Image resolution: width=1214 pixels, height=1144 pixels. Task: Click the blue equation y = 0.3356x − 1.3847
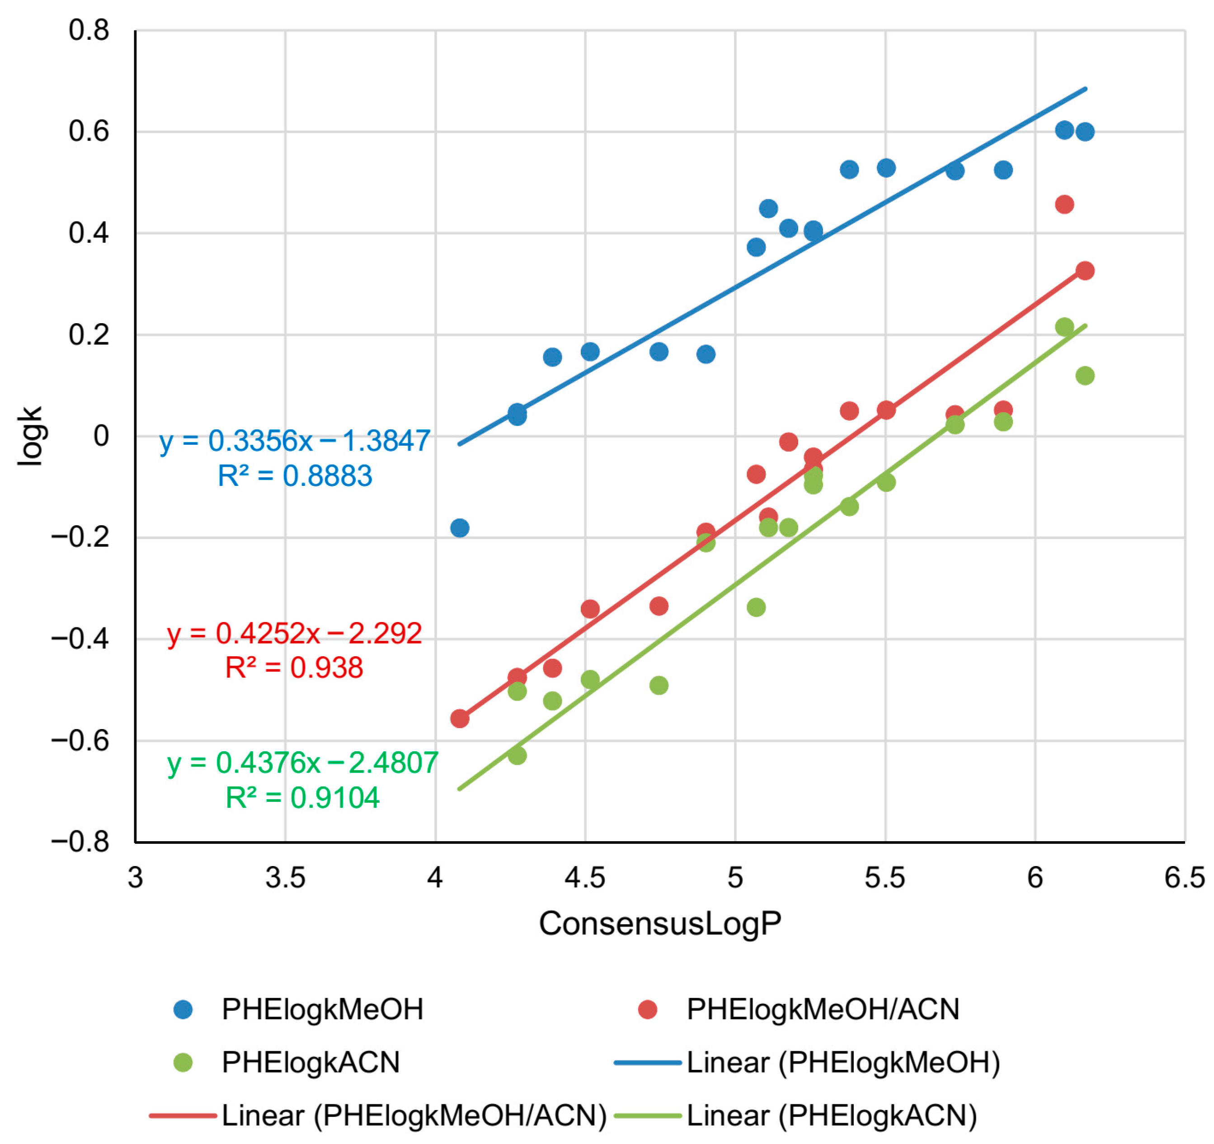[295, 441]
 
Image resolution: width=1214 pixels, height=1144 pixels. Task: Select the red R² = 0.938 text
[294, 668]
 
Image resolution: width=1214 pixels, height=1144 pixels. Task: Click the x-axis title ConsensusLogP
[659, 923]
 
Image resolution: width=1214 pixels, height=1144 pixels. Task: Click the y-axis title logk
[30, 436]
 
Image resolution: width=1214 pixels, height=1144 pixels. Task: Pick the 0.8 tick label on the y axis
[89, 31]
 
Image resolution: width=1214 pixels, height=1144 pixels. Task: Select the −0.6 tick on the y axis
[80, 741]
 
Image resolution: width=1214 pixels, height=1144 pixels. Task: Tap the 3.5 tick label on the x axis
[285, 878]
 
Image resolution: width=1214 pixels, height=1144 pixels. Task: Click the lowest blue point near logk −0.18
[460, 528]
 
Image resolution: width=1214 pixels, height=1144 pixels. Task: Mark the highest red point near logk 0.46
[1064, 205]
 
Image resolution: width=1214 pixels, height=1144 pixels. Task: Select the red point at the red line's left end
[460, 719]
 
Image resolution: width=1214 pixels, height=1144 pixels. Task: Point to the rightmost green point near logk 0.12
[1085, 376]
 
